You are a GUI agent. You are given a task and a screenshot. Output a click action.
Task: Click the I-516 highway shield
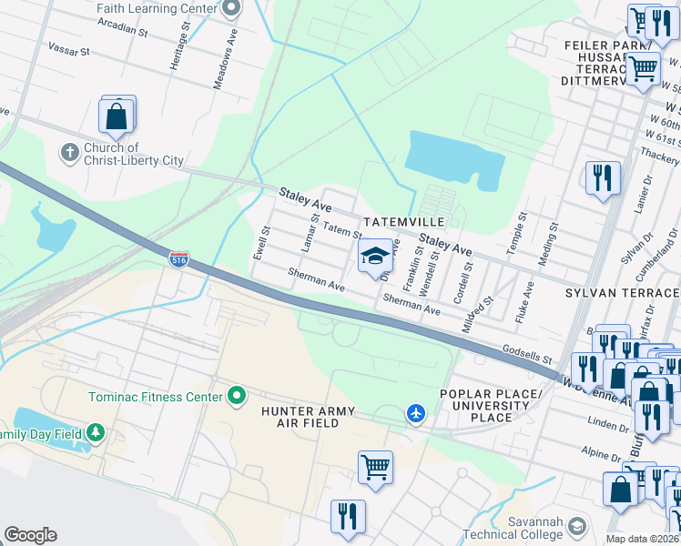tap(178, 259)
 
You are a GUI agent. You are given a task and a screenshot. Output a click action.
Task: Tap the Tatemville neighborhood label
tap(403, 222)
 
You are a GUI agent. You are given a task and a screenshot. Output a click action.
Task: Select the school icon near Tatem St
tap(374, 257)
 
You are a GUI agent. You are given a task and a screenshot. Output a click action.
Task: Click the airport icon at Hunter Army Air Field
tap(416, 414)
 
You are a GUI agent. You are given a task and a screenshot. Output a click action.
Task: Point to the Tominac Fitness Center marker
tap(237, 396)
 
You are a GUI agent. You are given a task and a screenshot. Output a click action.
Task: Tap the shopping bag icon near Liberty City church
tap(117, 116)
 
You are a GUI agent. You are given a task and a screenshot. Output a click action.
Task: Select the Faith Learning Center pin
tap(231, 9)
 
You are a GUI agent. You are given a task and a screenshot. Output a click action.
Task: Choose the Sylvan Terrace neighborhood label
tap(622, 293)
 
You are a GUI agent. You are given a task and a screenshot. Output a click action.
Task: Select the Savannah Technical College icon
tap(576, 527)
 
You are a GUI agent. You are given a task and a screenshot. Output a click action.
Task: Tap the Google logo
tap(30, 535)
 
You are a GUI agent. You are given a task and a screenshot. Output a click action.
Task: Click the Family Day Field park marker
tap(94, 433)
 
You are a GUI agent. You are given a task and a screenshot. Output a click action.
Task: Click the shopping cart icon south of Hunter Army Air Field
tap(374, 468)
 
